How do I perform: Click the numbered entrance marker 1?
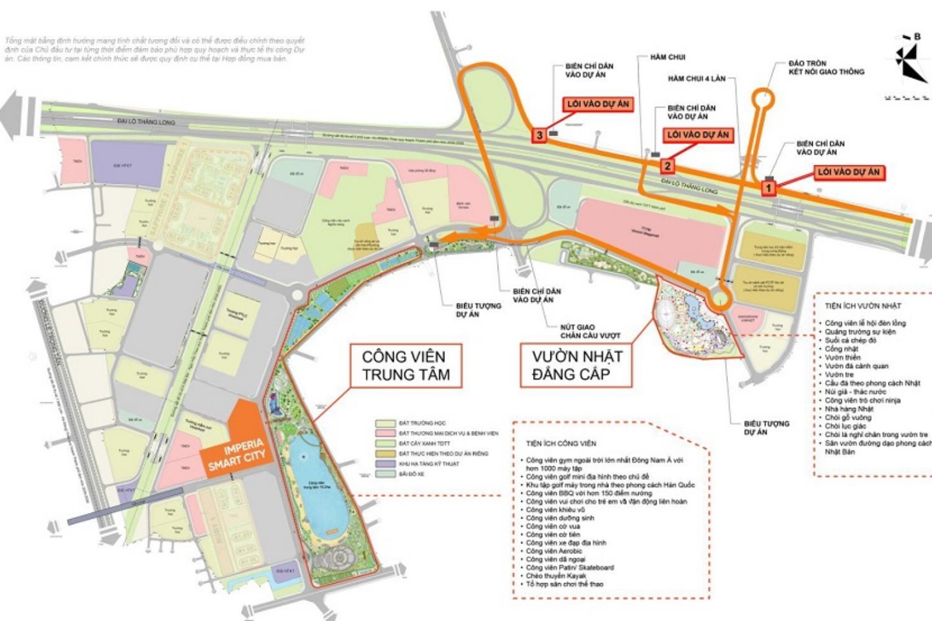coord(769,187)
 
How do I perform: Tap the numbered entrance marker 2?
coord(667,165)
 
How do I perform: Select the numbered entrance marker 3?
coord(540,135)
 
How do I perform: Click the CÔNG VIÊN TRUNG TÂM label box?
coord(405,366)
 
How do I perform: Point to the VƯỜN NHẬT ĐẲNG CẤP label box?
coord(577,366)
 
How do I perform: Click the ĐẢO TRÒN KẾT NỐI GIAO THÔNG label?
coord(826,68)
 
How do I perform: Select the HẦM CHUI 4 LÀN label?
coord(697,79)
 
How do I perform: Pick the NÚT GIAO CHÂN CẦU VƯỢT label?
coord(590,331)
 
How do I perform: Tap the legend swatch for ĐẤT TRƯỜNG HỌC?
coord(385,423)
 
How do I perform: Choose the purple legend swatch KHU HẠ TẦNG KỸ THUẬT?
coord(385,464)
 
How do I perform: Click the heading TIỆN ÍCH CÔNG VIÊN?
coord(560,443)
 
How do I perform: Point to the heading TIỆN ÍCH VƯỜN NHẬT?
coord(862,306)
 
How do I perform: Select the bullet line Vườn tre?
coord(839,374)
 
